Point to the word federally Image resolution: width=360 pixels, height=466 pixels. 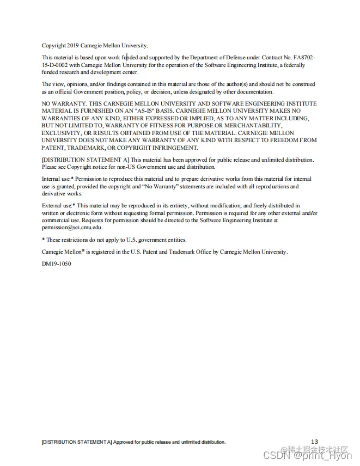(x=294, y=65)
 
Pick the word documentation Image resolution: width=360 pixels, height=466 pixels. (x=254, y=92)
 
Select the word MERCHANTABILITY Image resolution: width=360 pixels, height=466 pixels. (x=259, y=126)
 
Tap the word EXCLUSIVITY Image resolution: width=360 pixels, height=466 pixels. (x=61, y=133)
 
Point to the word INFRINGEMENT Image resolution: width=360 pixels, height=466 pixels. (x=173, y=148)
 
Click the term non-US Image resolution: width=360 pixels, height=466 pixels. (x=123, y=167)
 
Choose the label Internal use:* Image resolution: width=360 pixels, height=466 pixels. (x=58, y=179)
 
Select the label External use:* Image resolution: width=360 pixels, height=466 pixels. (x=59, y=206)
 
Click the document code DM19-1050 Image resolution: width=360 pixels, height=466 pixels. (x=56, y=264)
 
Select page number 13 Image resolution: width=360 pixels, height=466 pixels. (x=314, y=441)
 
